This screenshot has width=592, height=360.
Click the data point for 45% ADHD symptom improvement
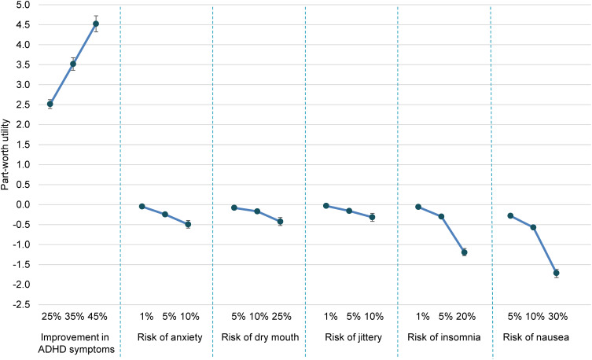coord(96,24)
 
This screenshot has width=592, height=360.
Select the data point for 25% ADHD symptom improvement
coord(50,104)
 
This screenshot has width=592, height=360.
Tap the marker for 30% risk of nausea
coord(556,273)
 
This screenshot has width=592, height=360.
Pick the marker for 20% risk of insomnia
coord(465,252)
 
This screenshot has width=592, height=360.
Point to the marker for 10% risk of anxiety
coord(188,224)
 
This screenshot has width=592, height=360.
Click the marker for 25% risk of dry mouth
coord(280,222)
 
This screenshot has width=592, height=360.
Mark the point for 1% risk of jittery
coord(326,206)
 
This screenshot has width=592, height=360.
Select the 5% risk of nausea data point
coord(510,215)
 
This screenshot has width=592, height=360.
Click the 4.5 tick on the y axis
coord(24,25)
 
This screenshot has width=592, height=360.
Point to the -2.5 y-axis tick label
coord(22,305)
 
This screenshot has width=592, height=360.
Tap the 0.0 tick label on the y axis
coord(24,204)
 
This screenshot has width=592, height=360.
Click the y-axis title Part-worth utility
coord(6,154)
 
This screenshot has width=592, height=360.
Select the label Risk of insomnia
coord(444,337)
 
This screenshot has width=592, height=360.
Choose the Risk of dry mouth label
coord(259,337)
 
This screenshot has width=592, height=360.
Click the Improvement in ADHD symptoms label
coord(76,343)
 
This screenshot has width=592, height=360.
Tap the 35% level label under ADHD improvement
coord(75,316)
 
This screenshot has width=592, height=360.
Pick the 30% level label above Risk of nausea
coord(557,316)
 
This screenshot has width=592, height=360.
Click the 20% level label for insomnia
coord(466,316)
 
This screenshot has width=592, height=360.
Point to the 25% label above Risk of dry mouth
coord(281,316)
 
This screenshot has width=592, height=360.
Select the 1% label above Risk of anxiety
coord(146,316)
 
